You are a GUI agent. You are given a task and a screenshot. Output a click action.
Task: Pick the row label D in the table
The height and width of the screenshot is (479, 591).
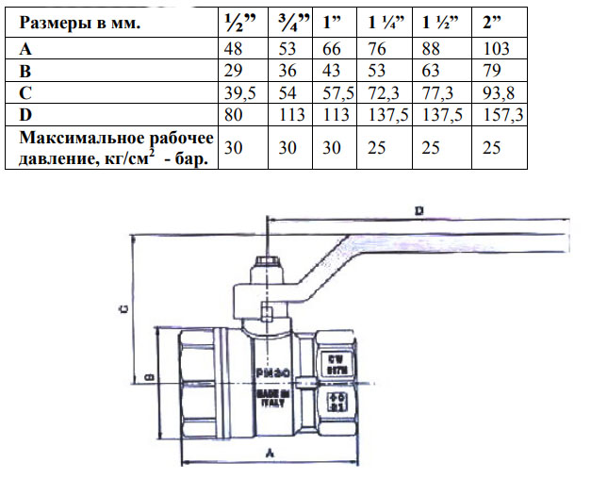[x=25, y=114]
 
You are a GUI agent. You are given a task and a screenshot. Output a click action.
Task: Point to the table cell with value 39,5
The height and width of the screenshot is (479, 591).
[x=238, y=92]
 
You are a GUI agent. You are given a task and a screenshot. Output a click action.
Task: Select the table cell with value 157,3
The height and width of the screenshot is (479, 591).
[x=499, y=114]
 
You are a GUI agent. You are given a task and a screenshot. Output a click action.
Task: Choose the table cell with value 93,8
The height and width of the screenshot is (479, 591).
[x=496, y=92]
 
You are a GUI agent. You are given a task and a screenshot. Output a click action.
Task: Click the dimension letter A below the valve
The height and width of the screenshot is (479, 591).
[x=271, y=454]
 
